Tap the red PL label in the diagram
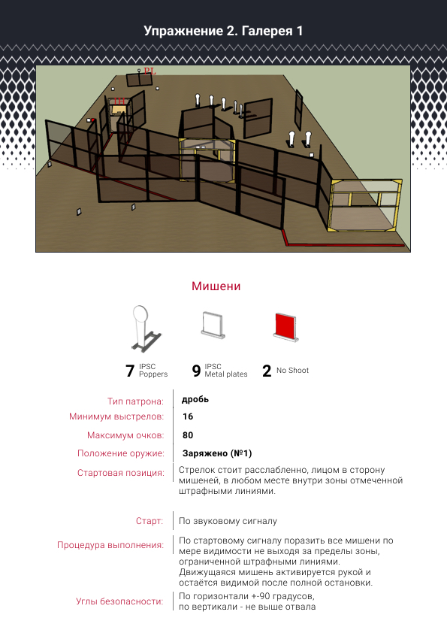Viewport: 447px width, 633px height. click(150, 71)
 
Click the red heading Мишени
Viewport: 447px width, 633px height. click(216, 286)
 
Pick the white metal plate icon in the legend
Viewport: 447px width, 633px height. click(213, 325)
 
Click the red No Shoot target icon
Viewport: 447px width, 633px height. click(286, 326)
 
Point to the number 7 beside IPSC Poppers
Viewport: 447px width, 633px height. click(129, 371)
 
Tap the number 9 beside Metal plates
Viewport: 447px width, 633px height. click(196, 371)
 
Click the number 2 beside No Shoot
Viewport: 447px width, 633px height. click(267, 371)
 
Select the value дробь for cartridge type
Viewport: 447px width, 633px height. click(195, 399)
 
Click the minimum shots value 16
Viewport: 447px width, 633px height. click(188, 416)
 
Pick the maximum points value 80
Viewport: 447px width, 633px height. click(188, 435)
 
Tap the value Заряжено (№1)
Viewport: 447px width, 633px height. click(217, 453)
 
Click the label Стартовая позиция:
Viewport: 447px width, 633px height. click(121, 473)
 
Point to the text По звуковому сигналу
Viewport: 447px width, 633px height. click(228, 521)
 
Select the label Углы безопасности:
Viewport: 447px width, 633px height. click(119, 601)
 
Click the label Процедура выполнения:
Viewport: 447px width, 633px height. click(110, 545)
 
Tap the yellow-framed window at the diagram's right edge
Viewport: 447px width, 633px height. click(366, 205)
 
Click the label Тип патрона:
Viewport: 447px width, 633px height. click(135, 401)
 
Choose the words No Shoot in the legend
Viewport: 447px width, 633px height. click(292, 370)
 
